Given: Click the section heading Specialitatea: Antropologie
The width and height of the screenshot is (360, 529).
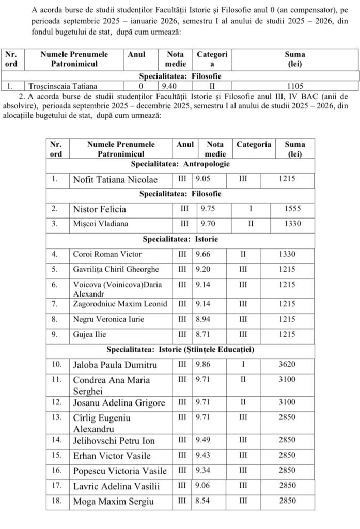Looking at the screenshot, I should tap(180, 164).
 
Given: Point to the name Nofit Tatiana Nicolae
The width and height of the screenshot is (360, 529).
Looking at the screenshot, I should tap(115, 180).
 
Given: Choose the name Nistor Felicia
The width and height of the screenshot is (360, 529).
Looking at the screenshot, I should tap(99, 209).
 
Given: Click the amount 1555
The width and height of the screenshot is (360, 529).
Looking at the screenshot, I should tap(292, 209).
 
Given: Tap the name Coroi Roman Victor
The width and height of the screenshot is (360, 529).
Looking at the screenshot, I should tap(107, 254).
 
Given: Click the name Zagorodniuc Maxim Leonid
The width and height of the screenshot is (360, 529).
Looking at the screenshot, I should tap(120, 304).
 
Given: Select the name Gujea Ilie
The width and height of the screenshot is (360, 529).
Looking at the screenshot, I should tap(89, 334).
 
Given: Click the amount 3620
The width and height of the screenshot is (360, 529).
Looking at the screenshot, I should tap(287, 365).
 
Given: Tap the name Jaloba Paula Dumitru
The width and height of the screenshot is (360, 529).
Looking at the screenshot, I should tap(115, 365).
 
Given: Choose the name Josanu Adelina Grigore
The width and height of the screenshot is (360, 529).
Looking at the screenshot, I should tap(119, 403).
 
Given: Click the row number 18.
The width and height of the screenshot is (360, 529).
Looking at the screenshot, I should tap(56, 501).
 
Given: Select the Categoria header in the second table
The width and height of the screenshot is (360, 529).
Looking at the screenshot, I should tap(254, 145).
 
